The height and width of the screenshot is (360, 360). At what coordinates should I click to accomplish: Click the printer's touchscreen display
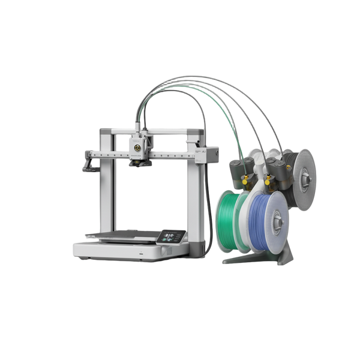tap(167, 236)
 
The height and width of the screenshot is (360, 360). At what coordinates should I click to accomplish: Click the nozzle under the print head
tap(138, 163)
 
